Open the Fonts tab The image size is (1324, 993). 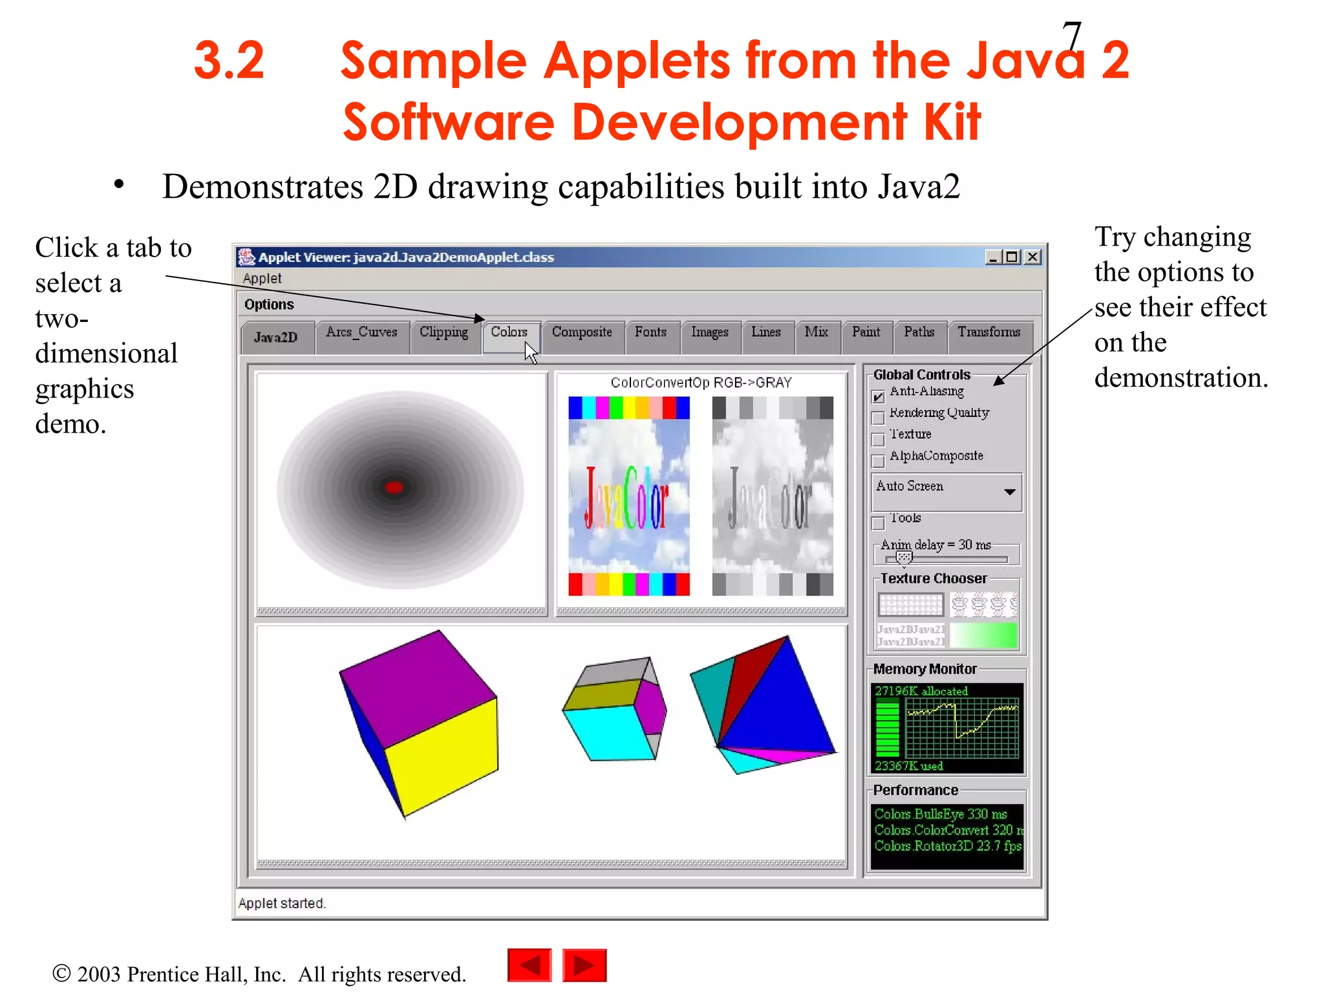tap(650, 332)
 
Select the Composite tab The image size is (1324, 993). tap(582, 332)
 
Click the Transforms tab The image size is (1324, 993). tap(988, 332)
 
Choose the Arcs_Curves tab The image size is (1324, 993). tap(361, 332)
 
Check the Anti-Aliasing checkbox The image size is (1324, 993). tap(878, 396)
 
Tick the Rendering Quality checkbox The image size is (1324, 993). tap(878, 418)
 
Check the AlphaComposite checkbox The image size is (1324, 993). tap(878, 461)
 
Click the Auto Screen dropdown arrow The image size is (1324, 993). tap(1009, 492)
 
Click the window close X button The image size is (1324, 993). tap(1033, 257)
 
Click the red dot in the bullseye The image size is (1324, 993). tap(394, 487)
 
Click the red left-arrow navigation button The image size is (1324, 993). tap(529, 966)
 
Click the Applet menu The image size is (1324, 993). tap(262, 279)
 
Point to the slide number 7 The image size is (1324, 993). tap(1071, 36)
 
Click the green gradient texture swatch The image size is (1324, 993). tap(983, 635)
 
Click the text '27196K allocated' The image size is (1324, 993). tap(921, 691)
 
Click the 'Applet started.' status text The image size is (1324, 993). tap(282, 903)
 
